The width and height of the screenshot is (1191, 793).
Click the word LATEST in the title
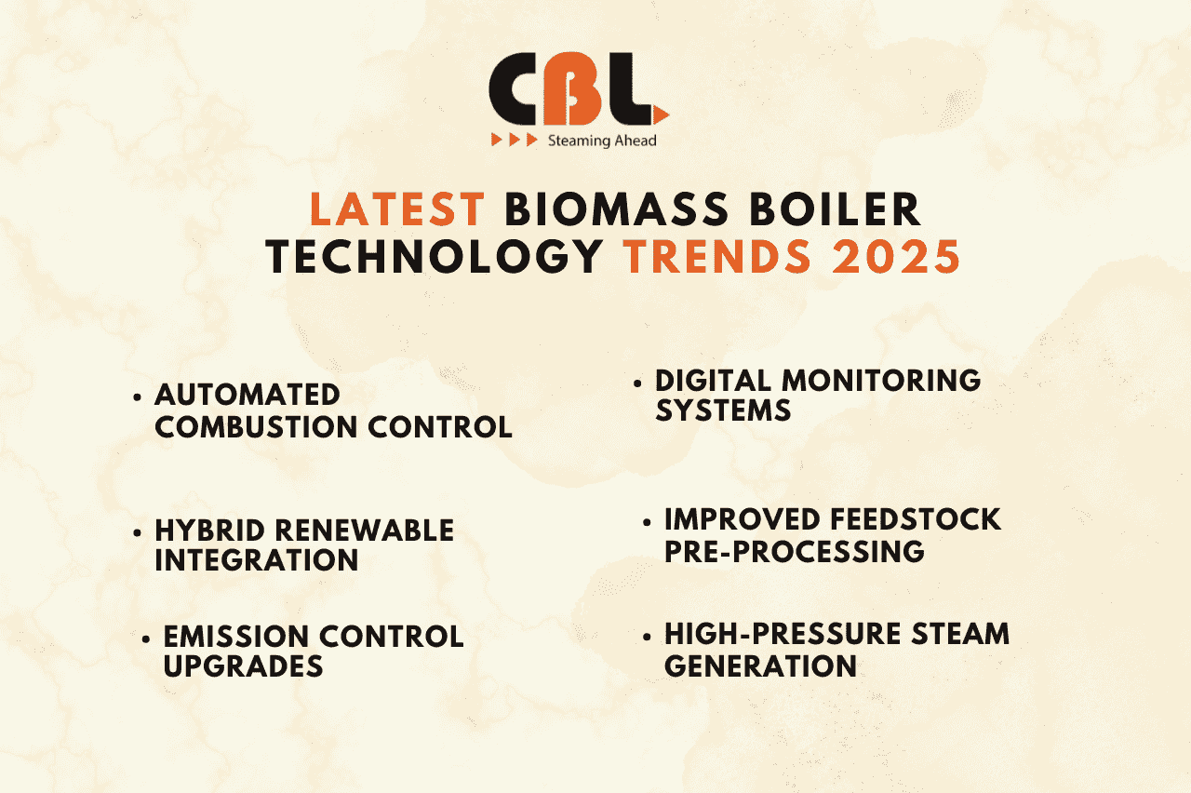tap(397, 209)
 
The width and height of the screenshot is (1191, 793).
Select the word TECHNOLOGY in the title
tap(434, 258)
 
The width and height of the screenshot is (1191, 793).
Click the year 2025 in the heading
tap(897, 258)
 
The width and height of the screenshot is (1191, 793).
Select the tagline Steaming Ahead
tap(602, 141)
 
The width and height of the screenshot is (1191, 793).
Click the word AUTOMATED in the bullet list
tap(248, 395)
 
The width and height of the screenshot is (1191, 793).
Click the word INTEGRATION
tap(256, 560)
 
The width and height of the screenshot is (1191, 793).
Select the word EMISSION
tap(235, 637)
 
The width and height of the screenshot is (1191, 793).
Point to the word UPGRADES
tap(243, 666)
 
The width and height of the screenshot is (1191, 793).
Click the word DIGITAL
tap(714, 380)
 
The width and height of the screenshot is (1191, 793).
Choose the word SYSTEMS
tap(723, 410)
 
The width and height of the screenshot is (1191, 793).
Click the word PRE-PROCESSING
tap(794, 551)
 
